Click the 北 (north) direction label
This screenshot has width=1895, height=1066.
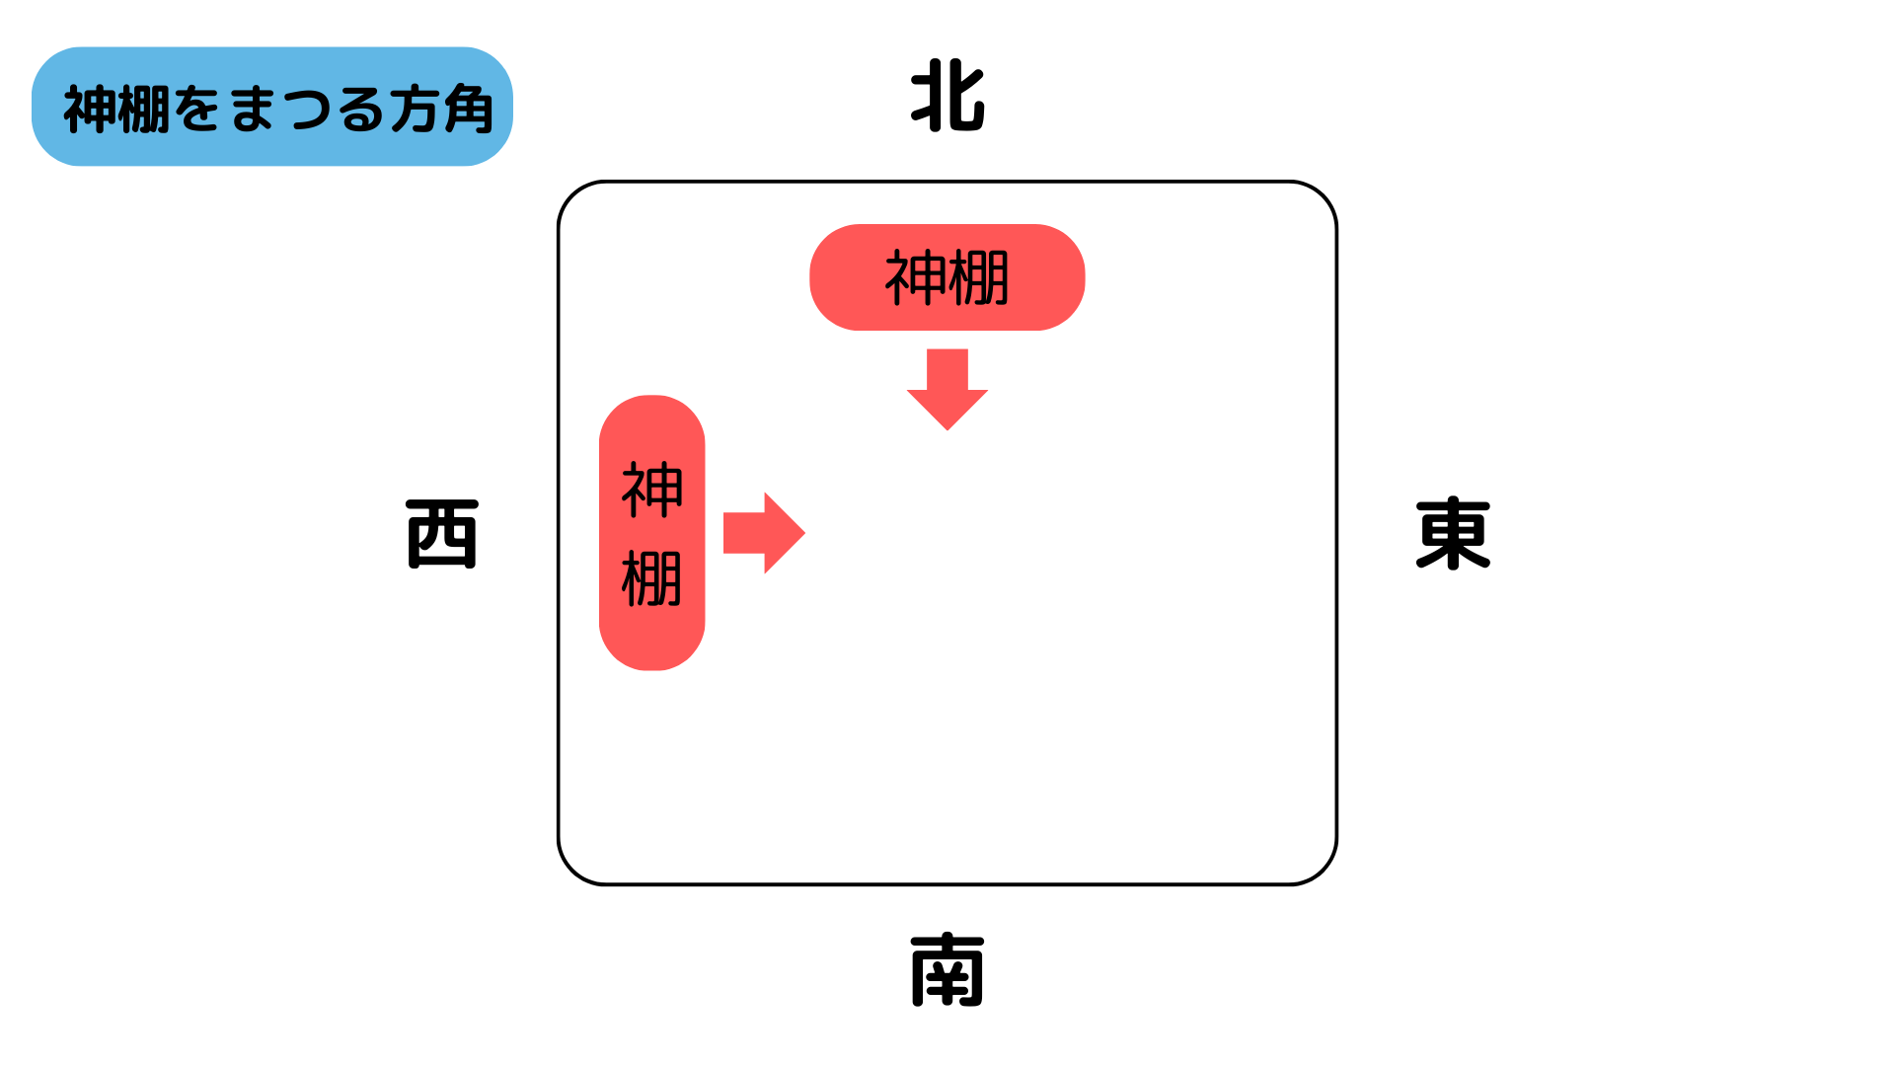[x=947, y=97]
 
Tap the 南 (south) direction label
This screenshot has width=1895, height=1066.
[x=947, y=969]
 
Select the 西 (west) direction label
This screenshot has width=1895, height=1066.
[x=442, y=534]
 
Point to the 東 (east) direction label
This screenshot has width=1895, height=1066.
[x=1453, y=534]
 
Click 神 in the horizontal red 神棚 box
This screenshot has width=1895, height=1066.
[x=915, y=278]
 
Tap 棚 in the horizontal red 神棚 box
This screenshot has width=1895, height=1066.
[x=978, y=278]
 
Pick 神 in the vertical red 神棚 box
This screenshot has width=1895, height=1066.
[x=652, y=490]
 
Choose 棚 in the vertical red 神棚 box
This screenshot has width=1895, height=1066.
[x=652, y=578]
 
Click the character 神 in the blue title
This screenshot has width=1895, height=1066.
[x=90, y=109]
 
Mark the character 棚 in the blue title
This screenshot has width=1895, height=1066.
[x=144, y=109]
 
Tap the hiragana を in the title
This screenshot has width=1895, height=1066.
[x=198, y=109]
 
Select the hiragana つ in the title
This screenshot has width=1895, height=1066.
[x=308, y=109]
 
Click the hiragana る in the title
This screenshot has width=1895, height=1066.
[x=361, y=109]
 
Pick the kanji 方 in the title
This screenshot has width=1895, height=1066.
[x=415, y=109]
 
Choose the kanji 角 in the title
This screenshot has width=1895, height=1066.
[x=468, y=109]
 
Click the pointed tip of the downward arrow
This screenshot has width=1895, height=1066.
[x=947, y=427]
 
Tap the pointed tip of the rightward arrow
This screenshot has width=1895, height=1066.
[x=802, y=533]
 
